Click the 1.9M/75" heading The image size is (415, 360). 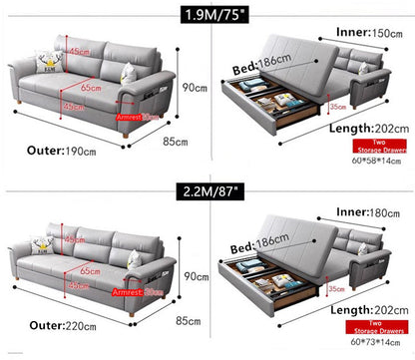(x=207, y=14)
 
